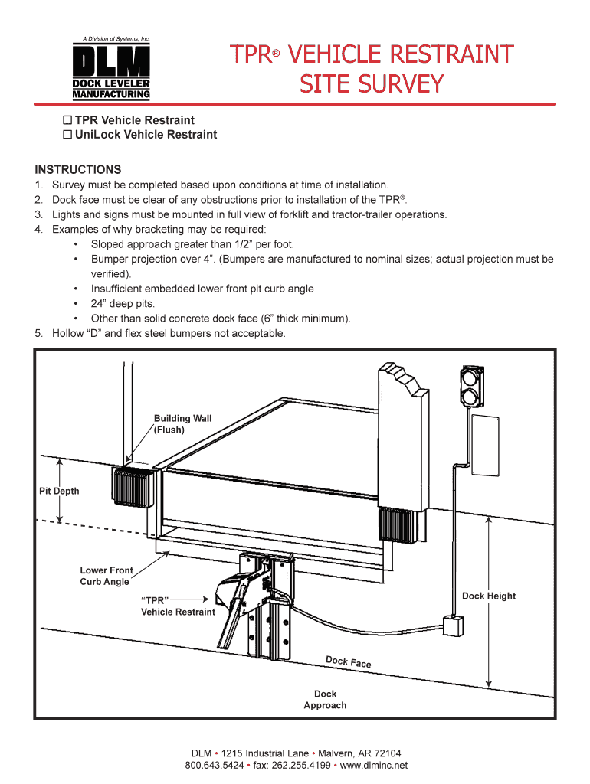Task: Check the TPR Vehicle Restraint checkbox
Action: (x=67, y=120)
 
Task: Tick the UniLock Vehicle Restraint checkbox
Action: (x=67, y=135)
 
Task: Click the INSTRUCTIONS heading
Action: (x=78, y=169)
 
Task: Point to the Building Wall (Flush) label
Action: (x=182, y=424)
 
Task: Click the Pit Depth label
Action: (x=59, y=491)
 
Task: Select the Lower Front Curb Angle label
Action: (x=106, y=576)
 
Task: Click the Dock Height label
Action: (x=489, y=596)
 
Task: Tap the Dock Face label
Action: (x=349, y=661)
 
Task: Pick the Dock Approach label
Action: (x=325, y=700)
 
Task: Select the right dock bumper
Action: (x=397, y=526)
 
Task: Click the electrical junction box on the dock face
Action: (x=453, y=626)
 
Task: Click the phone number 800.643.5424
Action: (x=215, y=765)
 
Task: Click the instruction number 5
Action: (x=38, y=333)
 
